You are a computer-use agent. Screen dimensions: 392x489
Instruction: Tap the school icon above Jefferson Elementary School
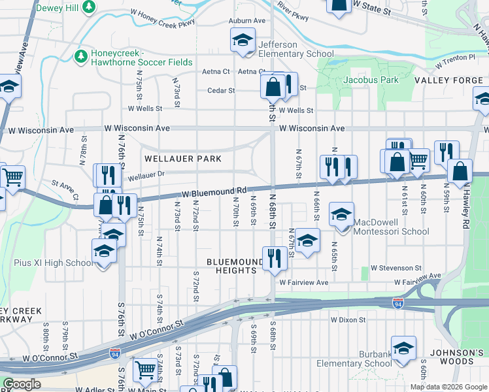(242, 41)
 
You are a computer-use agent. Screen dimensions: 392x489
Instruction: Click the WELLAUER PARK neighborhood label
(182, 159)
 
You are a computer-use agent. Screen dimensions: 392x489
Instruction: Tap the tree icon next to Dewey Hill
(90, 8)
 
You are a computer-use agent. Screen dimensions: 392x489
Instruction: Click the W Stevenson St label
(396, 268)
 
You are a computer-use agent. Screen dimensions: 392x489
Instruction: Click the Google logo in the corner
(22, 384)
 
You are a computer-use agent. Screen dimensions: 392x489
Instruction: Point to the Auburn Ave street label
(247, 21)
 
